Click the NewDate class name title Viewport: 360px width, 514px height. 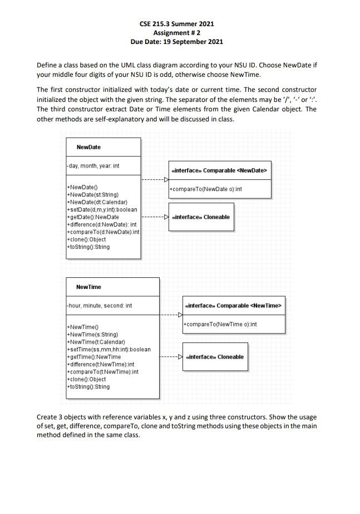coord(88,147)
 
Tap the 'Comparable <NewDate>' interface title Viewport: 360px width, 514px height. coord(220,170)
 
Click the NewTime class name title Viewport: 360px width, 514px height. coord(88,287)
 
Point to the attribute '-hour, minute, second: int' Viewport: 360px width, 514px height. coord(98,306)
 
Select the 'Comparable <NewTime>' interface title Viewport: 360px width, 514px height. coord(234,305)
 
